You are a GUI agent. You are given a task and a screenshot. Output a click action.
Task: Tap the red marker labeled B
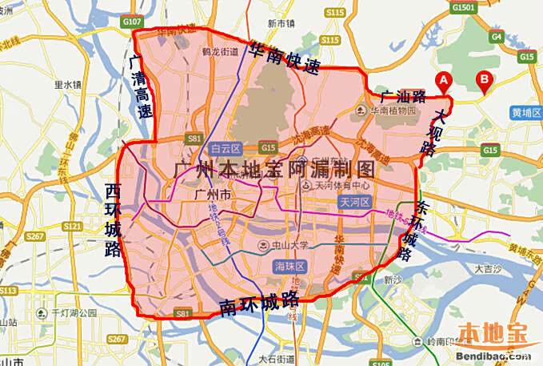pyautogui.click(x=483, y=80)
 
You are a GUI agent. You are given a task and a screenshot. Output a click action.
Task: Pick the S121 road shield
pyautogui.click(x=72, y=227)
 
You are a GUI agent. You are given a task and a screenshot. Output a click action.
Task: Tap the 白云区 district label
pyautogui.click(x=223, y=148)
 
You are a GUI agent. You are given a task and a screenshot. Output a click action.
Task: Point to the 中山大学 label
pyautogui.click(x=282, y=244)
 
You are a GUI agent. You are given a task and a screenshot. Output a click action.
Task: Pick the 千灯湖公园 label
pyautogui.click(x=74, y=312)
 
